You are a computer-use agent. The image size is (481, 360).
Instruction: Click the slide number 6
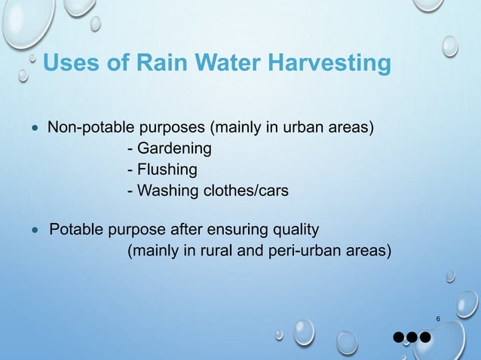(x=438, y=320)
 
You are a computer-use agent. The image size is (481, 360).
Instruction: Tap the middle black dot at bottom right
(x=412, y=336)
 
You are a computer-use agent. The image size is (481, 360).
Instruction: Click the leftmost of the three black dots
(x=398, y=336)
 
